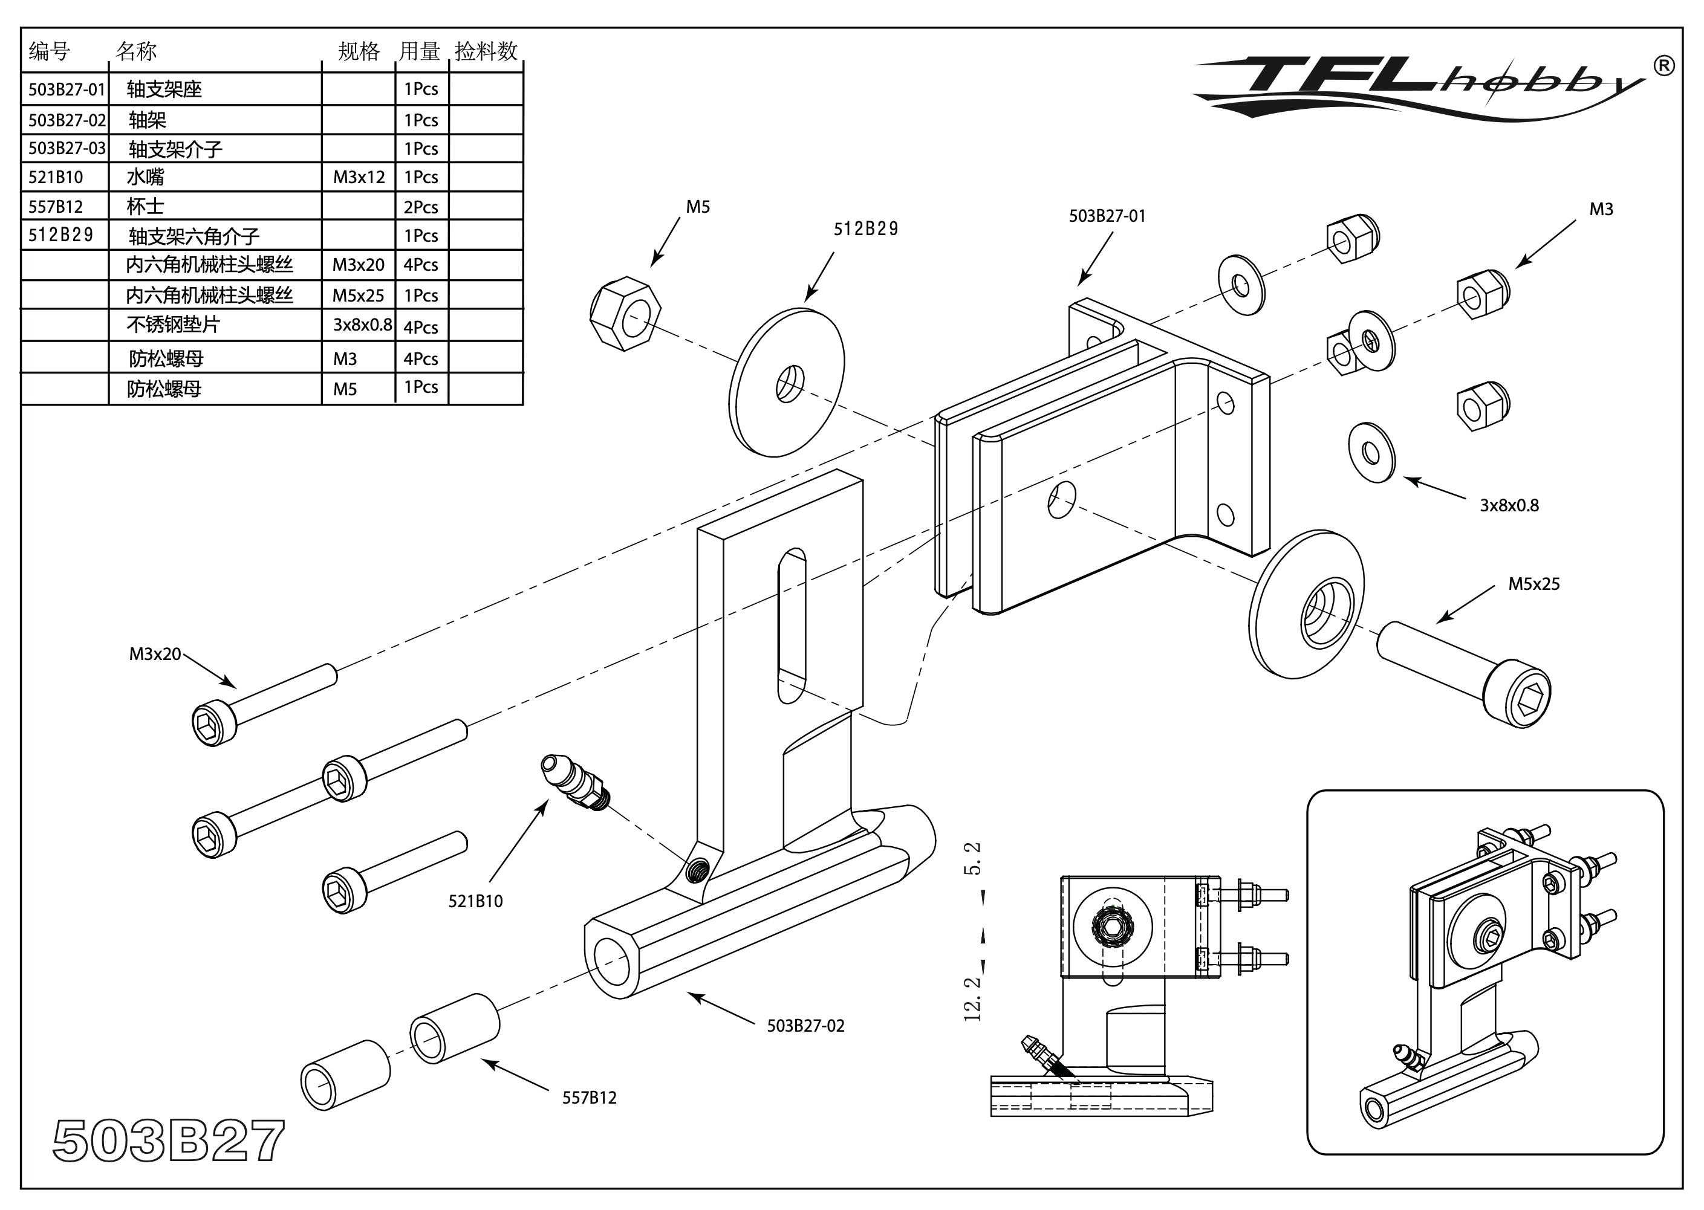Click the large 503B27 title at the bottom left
pyautogui.click(x=169, y=1140)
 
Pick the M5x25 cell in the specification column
pyautogui.click(x=359, y=296)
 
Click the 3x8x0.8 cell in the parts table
pyautogui.click(x=362, y=325)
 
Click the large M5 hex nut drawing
pyautogui.click(x=625, y=314)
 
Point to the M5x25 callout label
pyautogui.click(x=1533, y=584)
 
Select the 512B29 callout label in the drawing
pyautogui.click(x=865, y=228)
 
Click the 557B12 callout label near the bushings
pyautogui.click(x=589, y=1098)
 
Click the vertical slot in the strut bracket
pyautogui.click(x=792, y=626)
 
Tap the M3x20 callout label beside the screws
pyautogui.click(x=155, y=654)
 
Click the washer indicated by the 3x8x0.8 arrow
pyautogui.click(x=1371, y=452)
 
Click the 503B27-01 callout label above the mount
pyautogui.click(x=1107, y=216)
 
